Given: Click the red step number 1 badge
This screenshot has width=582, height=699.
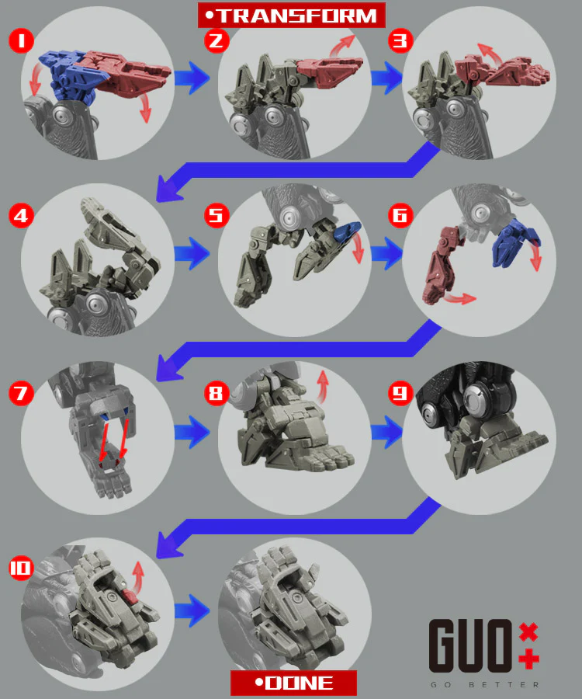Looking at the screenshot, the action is pyautogui.click(x=21, y=41).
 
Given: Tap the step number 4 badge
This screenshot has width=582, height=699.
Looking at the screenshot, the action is pyautogui.click(x=21, y=216).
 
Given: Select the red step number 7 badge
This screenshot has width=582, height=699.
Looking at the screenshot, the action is pyautogui.click(x=21, y=393).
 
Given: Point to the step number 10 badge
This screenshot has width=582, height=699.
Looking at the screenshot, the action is pyautogui.click(x=21, y=568).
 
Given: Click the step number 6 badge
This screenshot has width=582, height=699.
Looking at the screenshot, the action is pyautogui.click(x=400, y=216).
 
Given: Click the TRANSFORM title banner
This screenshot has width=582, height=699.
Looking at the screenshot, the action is pyautogui.click(x=292, y=16).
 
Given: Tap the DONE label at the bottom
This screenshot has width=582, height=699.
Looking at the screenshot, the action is pyautogui.click(x=293, y=683).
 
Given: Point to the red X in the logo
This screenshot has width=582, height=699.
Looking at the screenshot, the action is pyautogui.click(x=528, y=632).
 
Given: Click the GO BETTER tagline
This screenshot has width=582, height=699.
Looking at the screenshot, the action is pyautogui.click(x=484, y=685).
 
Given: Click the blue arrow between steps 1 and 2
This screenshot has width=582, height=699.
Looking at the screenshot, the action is pyautogui.click(x=192, y=78).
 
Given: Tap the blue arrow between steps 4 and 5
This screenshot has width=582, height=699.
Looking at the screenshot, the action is pyautogui.click(x=192, y=253).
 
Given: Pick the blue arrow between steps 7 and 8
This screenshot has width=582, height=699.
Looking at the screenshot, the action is pyautogui.click(x=192, y=432).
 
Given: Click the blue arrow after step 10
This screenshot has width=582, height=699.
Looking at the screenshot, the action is pyautogui.click(x=192, y=610).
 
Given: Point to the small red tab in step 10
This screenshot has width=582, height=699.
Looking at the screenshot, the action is pyautogui.click(x=130, y=596).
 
